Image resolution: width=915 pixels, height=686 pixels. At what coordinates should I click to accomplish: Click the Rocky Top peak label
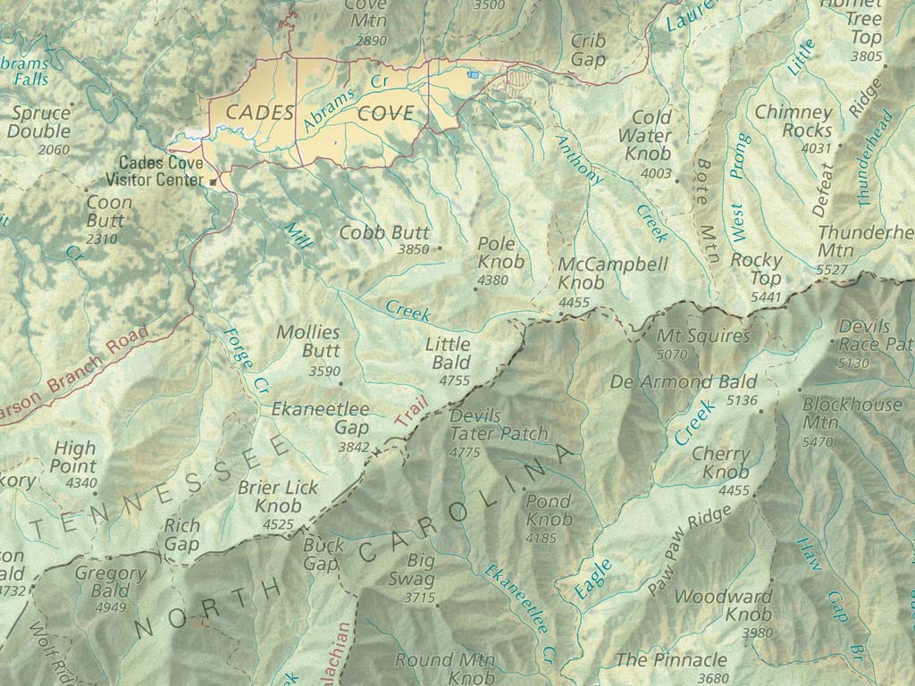[x=756, y=270]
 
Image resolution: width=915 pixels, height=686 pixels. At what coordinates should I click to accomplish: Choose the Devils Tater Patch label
[x=499, y=425]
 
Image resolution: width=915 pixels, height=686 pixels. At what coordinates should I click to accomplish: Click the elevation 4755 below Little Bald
[x=454, y=381]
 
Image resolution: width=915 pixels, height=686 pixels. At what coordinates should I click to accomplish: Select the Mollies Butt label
[x=308, y=341]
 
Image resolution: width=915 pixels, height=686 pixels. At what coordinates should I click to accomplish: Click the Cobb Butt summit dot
[x=439, y=249]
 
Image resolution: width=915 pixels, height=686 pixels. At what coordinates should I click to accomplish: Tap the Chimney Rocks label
[x=793, y=121]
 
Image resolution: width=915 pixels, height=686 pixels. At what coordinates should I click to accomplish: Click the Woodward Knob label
[x=723, y=605]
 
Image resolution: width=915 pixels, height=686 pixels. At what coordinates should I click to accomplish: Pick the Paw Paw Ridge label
[x=690, y=550]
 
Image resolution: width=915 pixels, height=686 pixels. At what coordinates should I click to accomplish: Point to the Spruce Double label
[x=40, y=122]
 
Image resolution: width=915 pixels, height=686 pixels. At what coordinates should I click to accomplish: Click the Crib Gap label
[x=588, y=51]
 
